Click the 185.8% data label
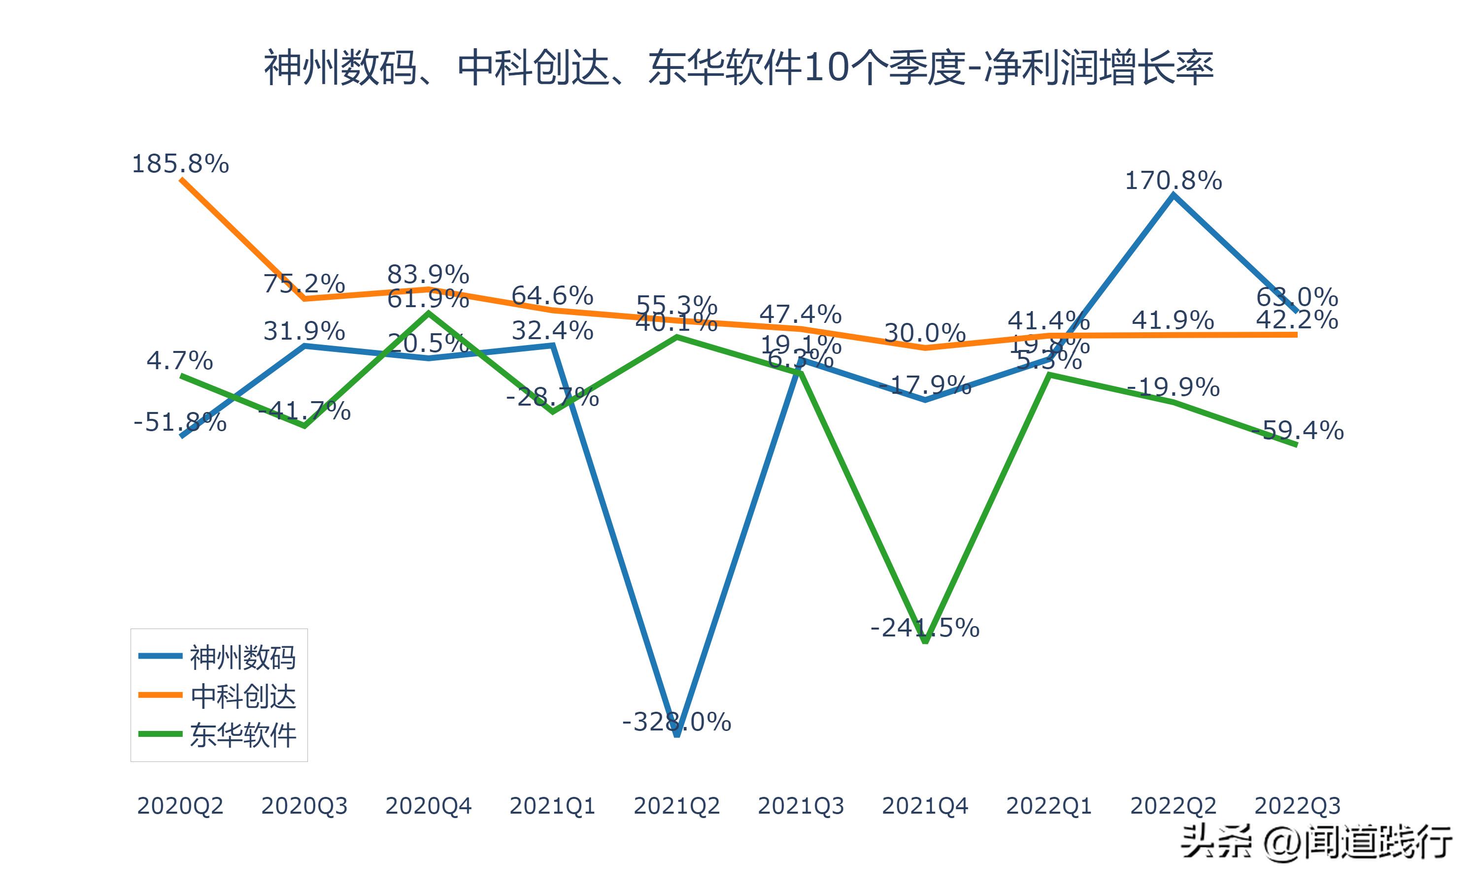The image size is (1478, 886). click(x=180, y=163)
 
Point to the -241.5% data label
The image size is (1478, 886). click(x=925, y=628)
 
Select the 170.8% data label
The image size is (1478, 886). click(x=1174, y=180)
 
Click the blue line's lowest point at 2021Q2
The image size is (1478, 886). click(x=677, y=735)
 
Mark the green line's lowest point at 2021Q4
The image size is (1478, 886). click(x=925, y=641)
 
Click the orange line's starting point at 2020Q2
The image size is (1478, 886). click(x=181, y=179)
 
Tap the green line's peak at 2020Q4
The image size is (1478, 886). click(x=428, y=312)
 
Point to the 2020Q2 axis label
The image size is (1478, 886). click(x=180, y=806)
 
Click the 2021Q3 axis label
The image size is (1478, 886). click(x=801, y=806)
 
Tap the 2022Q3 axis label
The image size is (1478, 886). click(x=1297, y=806)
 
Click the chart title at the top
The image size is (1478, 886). click(x=739, y=68)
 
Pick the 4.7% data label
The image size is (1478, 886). click(x=180, y=361)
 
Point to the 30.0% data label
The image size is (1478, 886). click(x=925, y=333)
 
